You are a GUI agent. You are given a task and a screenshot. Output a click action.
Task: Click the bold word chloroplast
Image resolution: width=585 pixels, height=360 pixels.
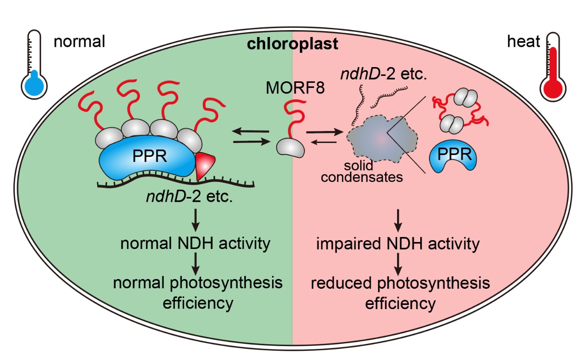pos(292,43)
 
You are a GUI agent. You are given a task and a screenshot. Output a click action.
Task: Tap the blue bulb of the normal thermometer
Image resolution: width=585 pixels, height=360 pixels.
pos(34,85)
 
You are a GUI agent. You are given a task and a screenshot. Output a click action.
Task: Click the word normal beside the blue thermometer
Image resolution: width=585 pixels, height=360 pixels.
pos(79,42)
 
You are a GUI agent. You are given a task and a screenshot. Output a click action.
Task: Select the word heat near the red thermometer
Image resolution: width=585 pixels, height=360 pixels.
pos(523,41)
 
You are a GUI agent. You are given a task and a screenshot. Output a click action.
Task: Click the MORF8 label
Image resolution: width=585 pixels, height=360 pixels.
pos(295,88)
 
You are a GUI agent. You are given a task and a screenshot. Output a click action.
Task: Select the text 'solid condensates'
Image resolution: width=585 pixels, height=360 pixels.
pos(362,172)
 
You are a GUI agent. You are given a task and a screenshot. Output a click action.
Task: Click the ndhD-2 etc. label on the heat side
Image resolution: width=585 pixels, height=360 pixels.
pos(383,74)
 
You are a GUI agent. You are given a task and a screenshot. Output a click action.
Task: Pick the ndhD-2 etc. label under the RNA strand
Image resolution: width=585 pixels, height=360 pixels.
pos(189,197)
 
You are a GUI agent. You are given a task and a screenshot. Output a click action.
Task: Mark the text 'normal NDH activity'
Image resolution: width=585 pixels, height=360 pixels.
pos(195,243)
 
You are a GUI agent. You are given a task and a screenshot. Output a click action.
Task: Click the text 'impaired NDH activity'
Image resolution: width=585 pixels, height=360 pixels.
pos(398,244)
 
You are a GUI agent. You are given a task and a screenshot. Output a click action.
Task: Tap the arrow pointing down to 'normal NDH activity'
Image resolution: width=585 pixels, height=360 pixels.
pos(196,220)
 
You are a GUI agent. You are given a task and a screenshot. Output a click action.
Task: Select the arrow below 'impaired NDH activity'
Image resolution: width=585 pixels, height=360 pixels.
pos(398,264)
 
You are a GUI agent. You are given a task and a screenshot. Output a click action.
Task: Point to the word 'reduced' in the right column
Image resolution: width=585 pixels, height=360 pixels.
pos(341,283)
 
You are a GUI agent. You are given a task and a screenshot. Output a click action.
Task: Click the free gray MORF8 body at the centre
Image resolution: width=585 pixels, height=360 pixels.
pos(290,148)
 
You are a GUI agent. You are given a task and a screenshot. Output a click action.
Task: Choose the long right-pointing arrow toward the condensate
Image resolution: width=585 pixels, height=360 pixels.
pos(324,132)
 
